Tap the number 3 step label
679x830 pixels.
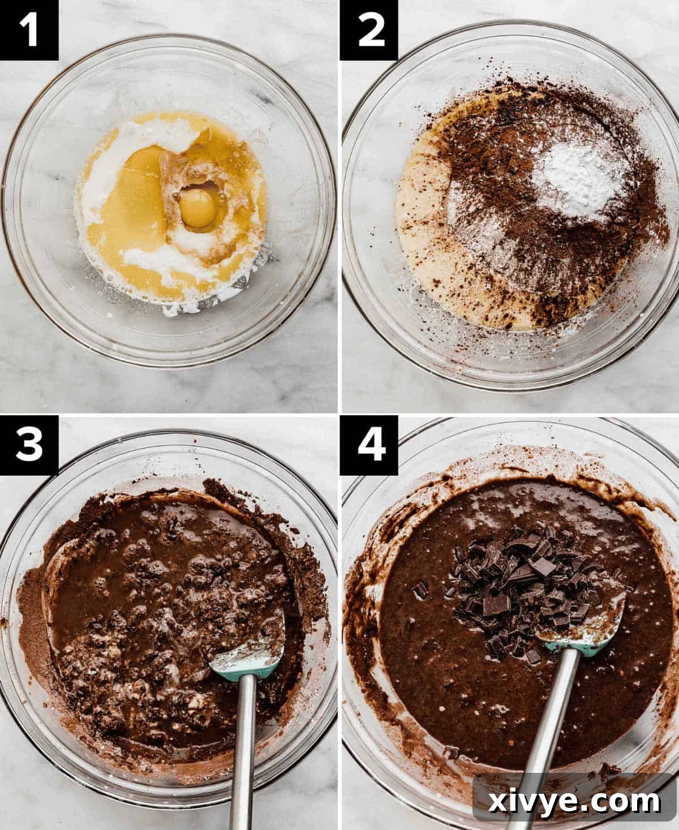(29, 445)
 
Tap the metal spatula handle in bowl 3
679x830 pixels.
(244, 752)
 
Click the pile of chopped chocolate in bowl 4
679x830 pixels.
(521, 588)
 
